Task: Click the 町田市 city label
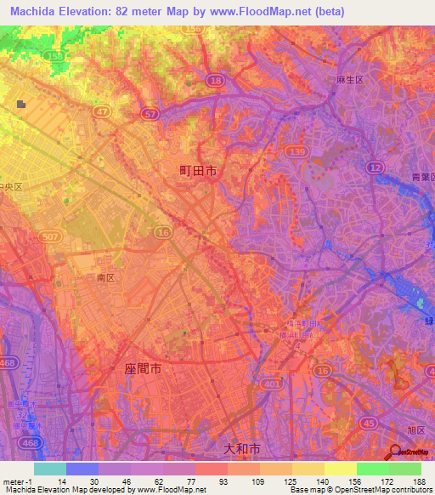click(x=198, y=171)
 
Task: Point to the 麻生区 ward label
click(x=349, y=79)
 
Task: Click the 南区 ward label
click(x=106, y=277)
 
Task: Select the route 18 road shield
click(x=217, y=80)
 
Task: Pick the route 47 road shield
click(x=102, y=111)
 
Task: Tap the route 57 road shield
click(x=150, y=113)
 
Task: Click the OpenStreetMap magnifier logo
click(x=394, y=452)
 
